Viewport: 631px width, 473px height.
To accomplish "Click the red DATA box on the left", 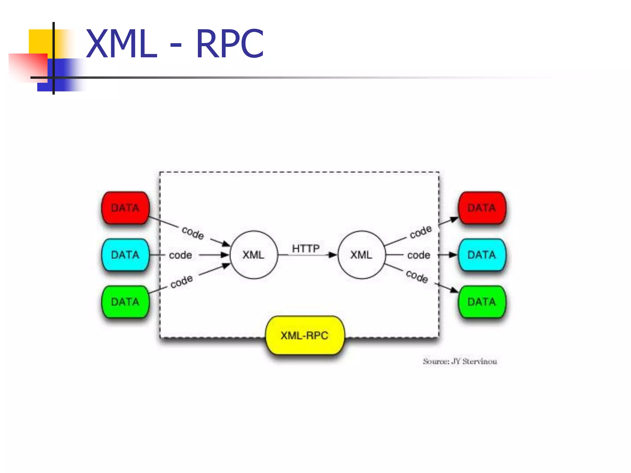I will [125, 208].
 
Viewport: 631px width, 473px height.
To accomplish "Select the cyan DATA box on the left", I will [125, 255].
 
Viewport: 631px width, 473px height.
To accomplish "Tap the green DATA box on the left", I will [125, 302].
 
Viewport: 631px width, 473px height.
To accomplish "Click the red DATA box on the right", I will [482, 208].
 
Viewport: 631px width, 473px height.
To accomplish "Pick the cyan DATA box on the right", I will [482, 255].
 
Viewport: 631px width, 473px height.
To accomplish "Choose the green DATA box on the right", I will [482, 302].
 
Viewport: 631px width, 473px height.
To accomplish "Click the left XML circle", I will [254, 255].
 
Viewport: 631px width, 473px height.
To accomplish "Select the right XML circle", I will [361, 255].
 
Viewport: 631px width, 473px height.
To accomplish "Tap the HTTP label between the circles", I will [306, 248].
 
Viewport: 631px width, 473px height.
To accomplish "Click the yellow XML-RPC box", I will [305, 335].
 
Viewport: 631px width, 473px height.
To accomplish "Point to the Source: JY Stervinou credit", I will [460, 361].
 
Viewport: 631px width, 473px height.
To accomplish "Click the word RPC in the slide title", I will [230, 44].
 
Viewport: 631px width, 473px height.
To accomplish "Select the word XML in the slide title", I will [121, 44].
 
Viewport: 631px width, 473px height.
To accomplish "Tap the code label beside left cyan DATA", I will [181, 255].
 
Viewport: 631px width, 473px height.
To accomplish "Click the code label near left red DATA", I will [193, 232].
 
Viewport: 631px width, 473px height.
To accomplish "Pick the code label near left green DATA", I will [182, 281].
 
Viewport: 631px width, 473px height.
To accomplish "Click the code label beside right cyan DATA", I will [419, 255].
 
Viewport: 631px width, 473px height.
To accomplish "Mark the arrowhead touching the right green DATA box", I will [454, 290].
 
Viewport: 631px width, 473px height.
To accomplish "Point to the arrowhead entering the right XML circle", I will [333, 255].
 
